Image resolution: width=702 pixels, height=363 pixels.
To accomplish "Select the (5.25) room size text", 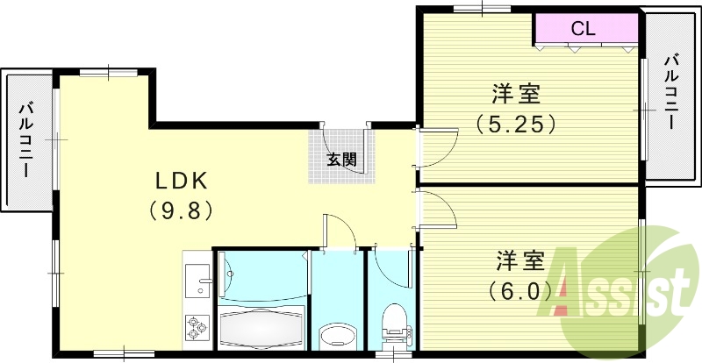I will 516,124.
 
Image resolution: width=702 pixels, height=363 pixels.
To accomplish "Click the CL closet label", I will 584,28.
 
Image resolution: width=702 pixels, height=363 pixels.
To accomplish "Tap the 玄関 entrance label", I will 341,160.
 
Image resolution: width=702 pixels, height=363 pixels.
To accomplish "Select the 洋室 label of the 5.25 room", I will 515,94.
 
